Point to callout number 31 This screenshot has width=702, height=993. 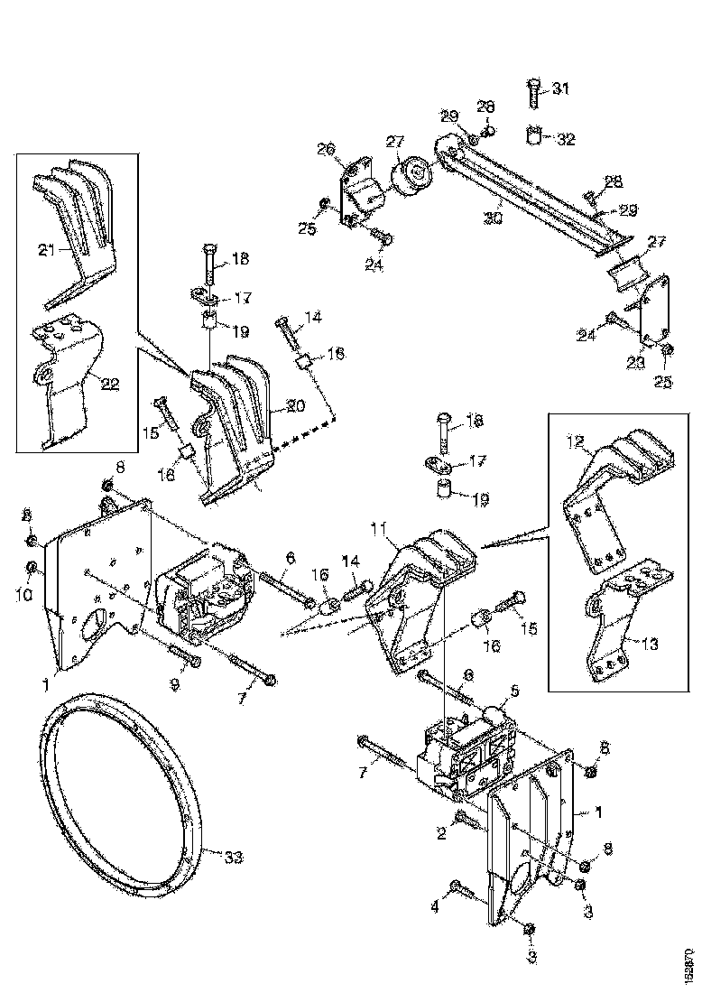pyautogui.click(x=561, y=88)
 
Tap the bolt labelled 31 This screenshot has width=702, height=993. pyautogui.click(x=533, y=95)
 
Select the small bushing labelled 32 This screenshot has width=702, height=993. pyautogui.click(x=534, y=138)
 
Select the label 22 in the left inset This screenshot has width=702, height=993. pyautogui.click(x=109, y=383)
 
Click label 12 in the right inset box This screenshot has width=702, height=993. pyautogui.click(x=575, y=442)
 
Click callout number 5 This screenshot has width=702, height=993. pyautogui.click(x=514, y=692)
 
